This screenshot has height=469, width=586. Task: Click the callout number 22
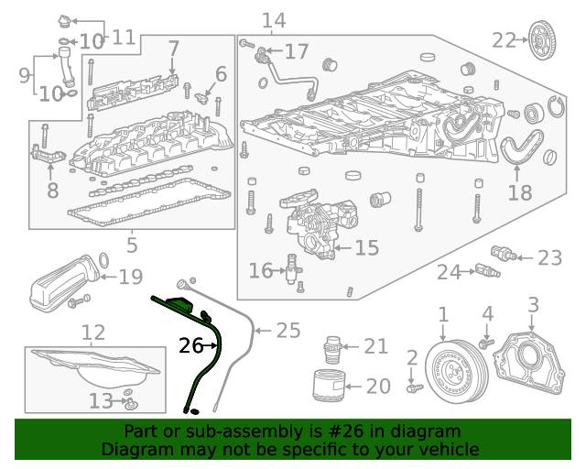pos(505,39)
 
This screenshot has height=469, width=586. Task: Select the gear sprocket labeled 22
pos(543,39)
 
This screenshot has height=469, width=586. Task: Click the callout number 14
pos(273,20)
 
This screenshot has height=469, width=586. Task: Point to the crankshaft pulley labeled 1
pos(454,371)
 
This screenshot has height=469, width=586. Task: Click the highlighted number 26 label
pos(190,345)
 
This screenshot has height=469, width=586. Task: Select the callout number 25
pos(288,330)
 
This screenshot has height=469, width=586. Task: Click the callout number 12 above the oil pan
pos(92,331)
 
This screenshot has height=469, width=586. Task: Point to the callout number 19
pos(131,275)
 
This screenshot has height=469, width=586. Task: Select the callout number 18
pos(519,192)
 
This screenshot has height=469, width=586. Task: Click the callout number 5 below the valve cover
pos(132,245)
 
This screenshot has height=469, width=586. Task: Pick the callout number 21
pos(375,346)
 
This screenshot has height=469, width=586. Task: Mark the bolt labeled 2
pos(413,388)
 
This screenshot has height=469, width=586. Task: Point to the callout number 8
pos(52,191)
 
